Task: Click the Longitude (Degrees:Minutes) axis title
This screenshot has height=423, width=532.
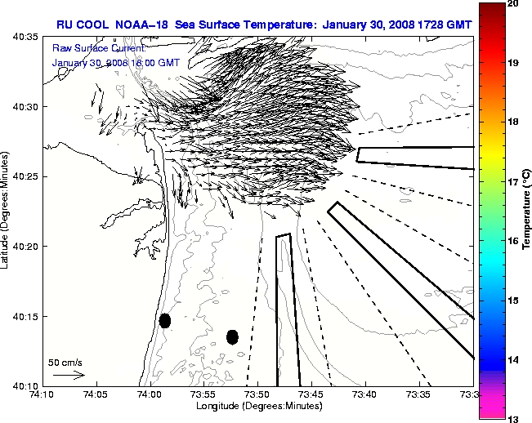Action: click(x=257, y=405)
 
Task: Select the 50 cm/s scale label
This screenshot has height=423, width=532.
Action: click(x=65, y=362)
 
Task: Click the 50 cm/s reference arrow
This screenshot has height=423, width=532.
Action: click(x=69, y=375)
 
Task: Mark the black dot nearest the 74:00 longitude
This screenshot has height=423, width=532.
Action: click(x=165, y=320)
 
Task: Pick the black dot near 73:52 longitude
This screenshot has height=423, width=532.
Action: click(x=232, y=336)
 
